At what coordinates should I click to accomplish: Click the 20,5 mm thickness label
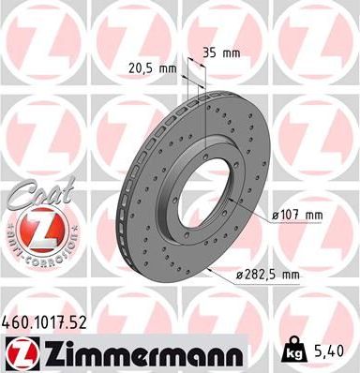pos(150,67)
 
